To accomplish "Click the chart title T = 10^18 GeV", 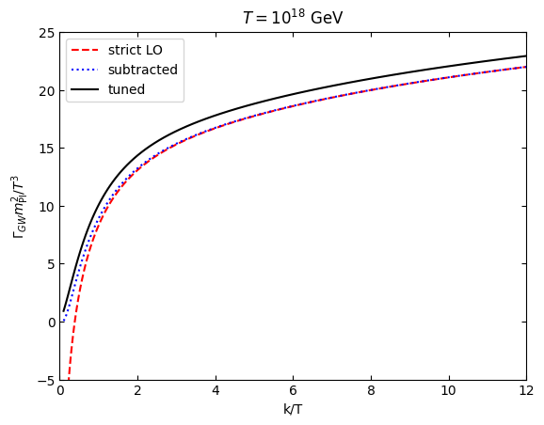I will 293,18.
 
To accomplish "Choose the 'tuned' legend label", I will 127,89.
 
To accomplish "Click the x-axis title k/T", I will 293,410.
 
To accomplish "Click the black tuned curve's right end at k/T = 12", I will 525,56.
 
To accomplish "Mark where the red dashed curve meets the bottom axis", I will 69,379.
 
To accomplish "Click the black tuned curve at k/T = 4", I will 216,116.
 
